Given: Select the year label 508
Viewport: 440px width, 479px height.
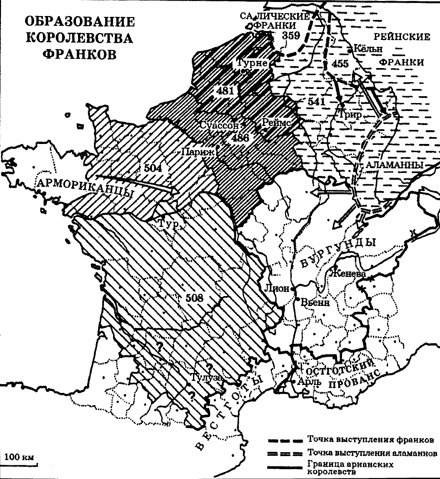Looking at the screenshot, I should [x=194, y=298].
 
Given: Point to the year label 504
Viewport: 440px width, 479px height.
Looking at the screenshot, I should [x=153, y=168].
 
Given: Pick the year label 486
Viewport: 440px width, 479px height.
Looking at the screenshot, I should [x=240, y=138].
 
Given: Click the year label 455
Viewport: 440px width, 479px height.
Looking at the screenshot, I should [x=340, y=63].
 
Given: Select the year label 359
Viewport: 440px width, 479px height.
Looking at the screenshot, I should [x=291, y=35].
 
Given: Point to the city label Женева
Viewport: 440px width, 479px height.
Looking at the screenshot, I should [x=348, y=273].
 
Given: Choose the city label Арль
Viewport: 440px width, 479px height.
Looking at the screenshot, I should [x=307, y=382].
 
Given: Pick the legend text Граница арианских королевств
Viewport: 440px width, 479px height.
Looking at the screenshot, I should [x=350, y=468].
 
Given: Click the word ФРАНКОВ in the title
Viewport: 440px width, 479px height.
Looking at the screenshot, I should [x=80, y=54].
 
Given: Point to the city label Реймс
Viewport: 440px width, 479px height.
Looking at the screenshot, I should [x=276, y=122].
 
